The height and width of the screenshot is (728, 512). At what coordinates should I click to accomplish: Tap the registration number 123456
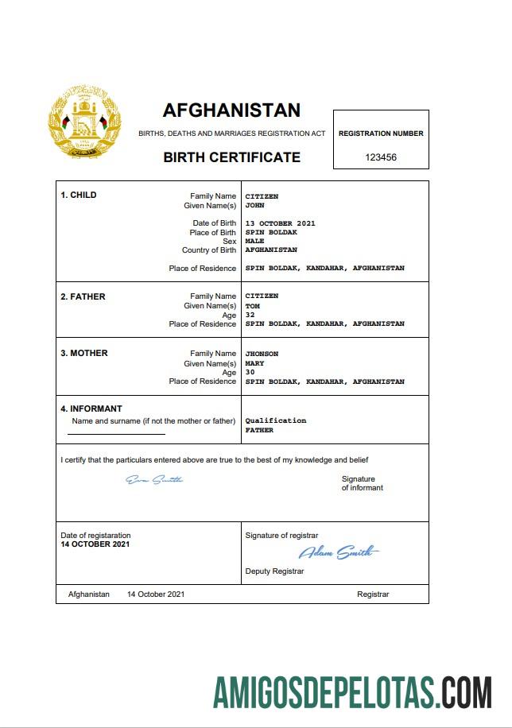coord(381,157)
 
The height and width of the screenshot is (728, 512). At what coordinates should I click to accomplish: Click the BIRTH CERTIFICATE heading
coord(231,157)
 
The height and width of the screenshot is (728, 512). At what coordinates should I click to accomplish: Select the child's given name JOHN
coord(254,205)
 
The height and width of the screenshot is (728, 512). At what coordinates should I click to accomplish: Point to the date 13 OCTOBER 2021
coord(280,223)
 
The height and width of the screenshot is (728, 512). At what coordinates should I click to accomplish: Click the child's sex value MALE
coord(254,241)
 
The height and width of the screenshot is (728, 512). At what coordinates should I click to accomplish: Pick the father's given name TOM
coord(252,306)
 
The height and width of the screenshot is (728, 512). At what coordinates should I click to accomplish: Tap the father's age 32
coord(250,315)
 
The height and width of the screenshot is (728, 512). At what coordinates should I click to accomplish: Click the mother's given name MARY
coord(254,363)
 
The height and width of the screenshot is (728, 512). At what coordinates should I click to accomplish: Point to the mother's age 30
coord(250,372)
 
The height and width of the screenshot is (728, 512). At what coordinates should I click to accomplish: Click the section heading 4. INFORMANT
coord(91,409)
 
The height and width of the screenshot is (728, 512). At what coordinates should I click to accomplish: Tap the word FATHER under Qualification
coord(259,430)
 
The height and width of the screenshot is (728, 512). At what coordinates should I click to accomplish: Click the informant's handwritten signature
coord(155,479)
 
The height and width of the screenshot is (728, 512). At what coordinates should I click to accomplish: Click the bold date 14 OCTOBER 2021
coord(95,544)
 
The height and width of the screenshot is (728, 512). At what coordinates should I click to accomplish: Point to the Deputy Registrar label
coord(274,571)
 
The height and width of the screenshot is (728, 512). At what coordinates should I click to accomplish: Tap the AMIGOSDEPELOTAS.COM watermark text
coord(351,693)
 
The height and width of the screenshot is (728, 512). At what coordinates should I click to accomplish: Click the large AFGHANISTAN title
coord(231,110)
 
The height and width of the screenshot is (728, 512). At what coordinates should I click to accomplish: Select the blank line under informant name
coord(116,434)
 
